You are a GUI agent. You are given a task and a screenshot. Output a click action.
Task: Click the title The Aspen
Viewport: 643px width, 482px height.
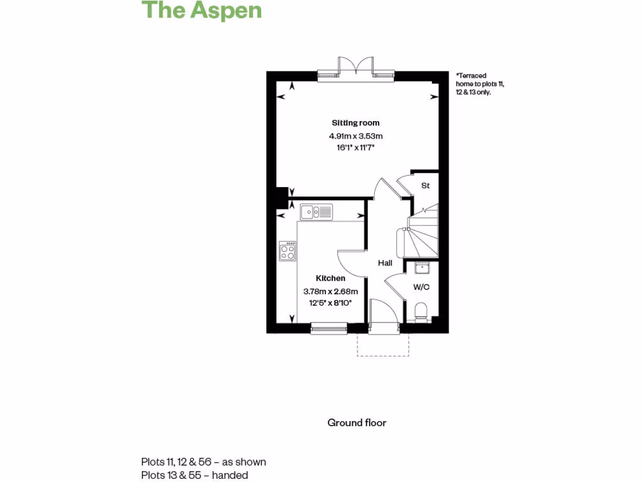(201, 11)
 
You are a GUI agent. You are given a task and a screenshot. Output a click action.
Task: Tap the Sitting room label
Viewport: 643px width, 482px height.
(355, 123)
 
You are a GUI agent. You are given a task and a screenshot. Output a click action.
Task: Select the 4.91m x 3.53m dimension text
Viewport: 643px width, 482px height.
(355, 136)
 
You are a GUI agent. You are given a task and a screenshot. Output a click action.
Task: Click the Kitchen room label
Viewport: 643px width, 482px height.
(330, 278)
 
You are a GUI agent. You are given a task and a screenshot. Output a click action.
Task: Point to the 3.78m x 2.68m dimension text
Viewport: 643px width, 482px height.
(330, 291)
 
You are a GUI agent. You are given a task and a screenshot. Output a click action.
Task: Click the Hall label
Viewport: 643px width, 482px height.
(385, 264)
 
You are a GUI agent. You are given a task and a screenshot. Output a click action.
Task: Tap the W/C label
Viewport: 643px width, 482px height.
(421, 287)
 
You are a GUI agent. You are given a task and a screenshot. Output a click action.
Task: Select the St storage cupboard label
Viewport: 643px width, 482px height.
(425, 186)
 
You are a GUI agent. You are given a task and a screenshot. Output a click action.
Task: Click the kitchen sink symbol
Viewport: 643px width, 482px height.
(316, 212)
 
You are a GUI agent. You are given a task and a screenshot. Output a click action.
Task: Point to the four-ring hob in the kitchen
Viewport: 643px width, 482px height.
(288, 251)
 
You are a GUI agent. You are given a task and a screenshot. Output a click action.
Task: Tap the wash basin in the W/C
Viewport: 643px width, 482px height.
(421, 269)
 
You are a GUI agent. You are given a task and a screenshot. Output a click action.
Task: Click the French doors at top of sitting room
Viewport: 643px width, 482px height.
(356, 68)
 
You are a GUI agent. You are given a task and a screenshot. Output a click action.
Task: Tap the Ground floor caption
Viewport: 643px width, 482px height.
(357, 422)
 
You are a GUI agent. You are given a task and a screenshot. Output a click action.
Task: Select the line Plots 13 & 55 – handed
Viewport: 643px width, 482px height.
(195, 475)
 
